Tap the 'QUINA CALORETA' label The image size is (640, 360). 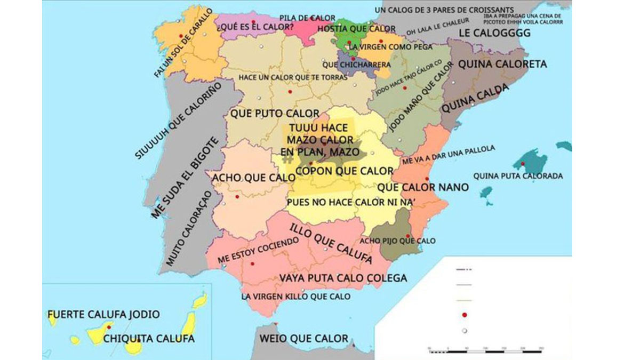coord(502,65)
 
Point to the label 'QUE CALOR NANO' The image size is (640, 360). coord(423,187)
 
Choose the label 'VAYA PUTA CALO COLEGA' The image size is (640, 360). coord(343,278)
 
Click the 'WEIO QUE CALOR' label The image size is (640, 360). coord(303,338)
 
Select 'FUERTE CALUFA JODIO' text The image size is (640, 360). coord(103,314)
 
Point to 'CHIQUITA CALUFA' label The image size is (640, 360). coord(149,338)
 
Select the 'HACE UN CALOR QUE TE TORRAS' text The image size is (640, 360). coord(293,78)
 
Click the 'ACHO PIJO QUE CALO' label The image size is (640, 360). coord(401,241)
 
